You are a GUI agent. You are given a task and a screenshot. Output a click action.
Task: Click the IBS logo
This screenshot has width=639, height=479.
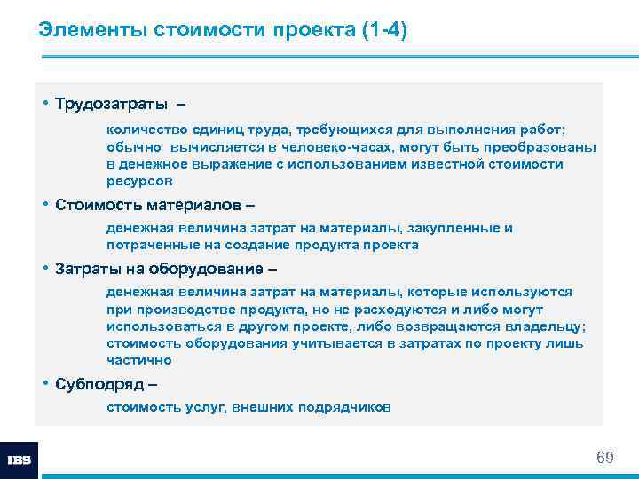tap(19, 460)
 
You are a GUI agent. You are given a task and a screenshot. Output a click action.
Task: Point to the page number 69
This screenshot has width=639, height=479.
tap(604, 458)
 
